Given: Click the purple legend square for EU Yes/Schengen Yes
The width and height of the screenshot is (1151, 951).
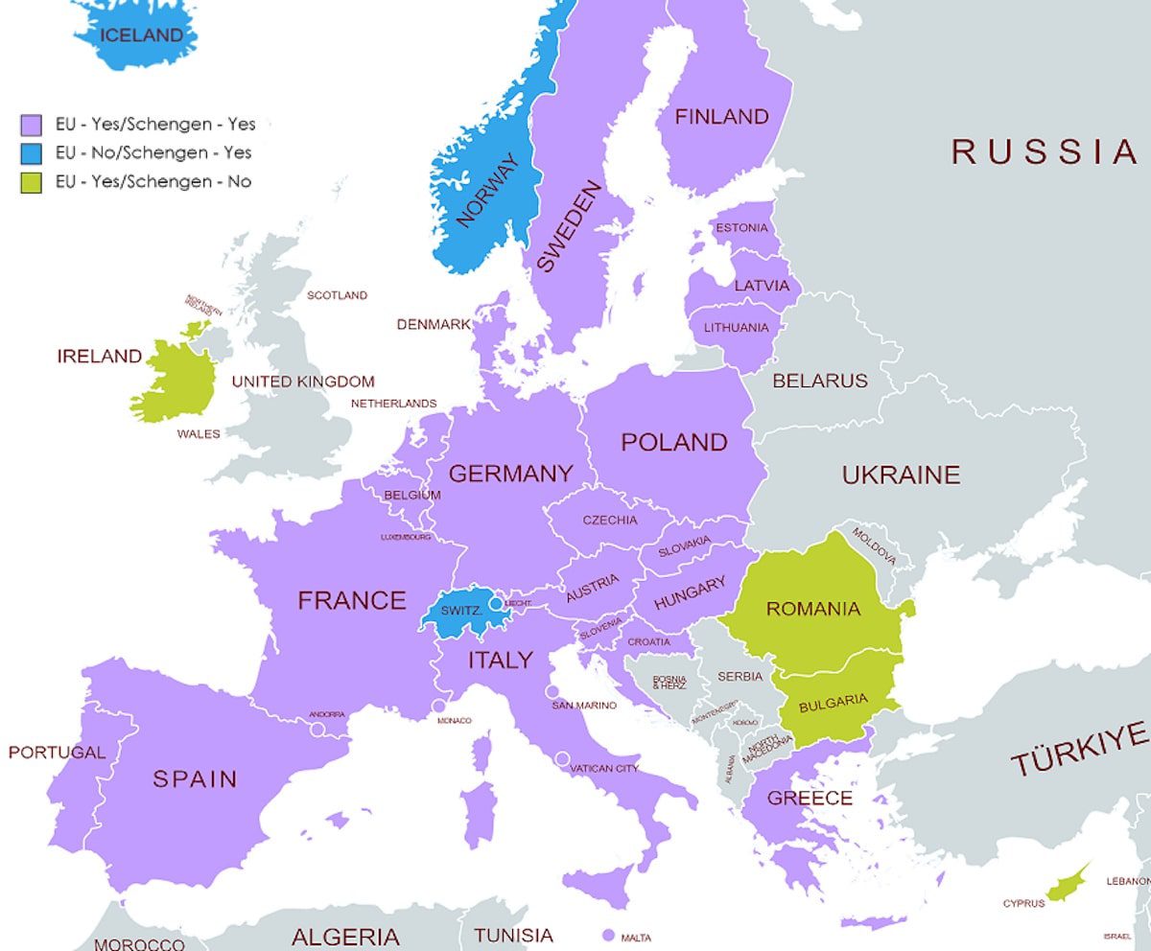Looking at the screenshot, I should coord(32,125).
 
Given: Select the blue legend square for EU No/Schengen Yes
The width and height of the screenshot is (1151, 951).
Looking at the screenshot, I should coord(32,153).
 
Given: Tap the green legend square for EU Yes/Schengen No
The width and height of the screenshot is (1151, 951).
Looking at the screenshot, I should coord(32,181).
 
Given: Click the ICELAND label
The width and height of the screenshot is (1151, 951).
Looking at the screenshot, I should coord(141,35).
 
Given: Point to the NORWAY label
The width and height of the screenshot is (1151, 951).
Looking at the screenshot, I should coord(487,192).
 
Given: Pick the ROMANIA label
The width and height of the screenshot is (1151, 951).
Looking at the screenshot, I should coord(812,609).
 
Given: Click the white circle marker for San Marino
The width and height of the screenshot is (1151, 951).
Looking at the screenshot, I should coord(552,692).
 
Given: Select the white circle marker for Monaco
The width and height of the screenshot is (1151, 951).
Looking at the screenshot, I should coord(439,706).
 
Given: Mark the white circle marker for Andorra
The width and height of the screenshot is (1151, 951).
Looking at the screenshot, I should coord(317,729).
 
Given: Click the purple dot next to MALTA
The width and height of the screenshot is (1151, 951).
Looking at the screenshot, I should coord(607,936).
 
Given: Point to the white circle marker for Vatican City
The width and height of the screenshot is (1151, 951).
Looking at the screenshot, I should coord(561,758).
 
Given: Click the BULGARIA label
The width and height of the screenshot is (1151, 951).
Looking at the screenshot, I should coord(833,701).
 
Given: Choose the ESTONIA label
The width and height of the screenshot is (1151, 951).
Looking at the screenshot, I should coord(741,228).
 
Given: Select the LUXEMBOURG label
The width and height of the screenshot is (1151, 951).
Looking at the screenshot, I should coord(406,537).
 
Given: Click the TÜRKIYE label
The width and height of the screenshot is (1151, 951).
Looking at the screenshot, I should coord(1079,750).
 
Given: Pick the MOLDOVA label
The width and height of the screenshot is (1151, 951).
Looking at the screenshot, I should coord(873,545).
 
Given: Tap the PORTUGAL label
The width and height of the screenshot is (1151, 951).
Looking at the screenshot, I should coord(57,753).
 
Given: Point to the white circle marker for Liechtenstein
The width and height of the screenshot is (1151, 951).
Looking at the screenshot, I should coord(495,604).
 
